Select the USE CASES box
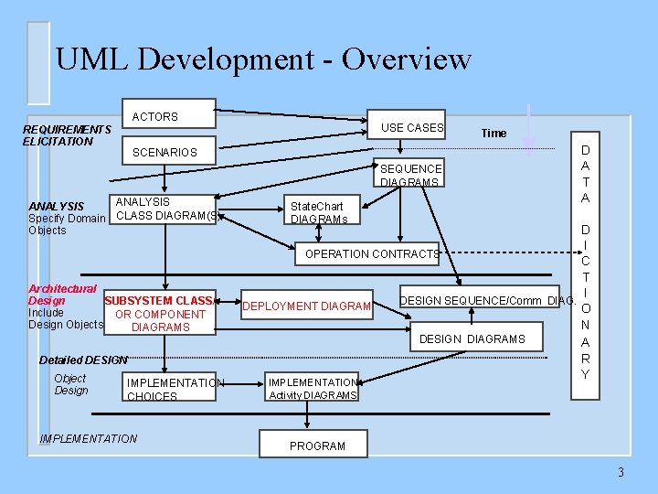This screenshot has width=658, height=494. click(x=412, y=128)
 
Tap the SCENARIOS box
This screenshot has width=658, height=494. click(x=165, y=152)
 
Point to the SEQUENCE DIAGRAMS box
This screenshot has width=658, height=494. click(x=410, y=175)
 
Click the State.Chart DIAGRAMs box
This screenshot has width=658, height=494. click(x=318, y=212)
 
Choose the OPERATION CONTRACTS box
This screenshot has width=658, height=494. click(x=371, y=253)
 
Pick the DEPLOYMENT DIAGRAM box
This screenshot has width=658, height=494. click(x=306, y=306)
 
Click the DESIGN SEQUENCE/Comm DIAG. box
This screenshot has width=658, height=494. click(x=487, y=300)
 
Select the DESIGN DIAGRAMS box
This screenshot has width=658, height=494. click(x=472, y=338)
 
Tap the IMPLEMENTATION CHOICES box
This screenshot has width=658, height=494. click(x=174, y=389)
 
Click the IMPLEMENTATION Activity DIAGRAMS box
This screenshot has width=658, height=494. click(x=313, y=388)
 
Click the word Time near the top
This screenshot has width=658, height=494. click(x=493, y=133)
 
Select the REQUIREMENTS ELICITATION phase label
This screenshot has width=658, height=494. click(x=67, y=135)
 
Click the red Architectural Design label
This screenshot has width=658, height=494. click(x=61, y=294)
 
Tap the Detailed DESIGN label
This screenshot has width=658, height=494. click(x=83, y=360)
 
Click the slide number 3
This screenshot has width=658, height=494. click(x=620, y=472)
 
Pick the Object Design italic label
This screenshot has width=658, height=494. click(x=71, y=384)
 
